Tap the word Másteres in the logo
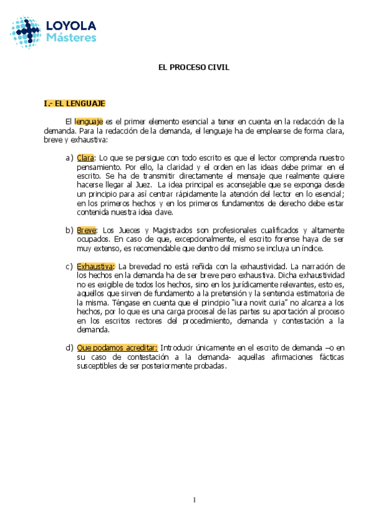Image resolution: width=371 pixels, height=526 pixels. [x=71, y=37]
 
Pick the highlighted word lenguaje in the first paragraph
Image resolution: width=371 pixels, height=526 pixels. [x=89, y=122]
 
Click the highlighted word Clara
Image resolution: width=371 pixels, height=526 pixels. [x=85, y=158]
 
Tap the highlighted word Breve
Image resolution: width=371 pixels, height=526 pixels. [x=87, y=230]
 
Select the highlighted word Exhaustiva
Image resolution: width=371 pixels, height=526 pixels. [x=95, y=266]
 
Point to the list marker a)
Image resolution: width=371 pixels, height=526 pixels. [x=69, y=158]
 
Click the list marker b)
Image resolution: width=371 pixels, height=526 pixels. [x=69, y=230]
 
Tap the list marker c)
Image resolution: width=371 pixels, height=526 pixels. [x=69, y=266]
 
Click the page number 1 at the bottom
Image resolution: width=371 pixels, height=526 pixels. [x=194, y=500]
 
